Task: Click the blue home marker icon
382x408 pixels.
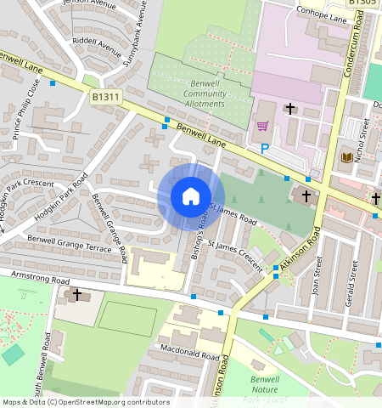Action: pyautogui.click(x=191, y=197)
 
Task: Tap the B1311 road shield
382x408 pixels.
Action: pyautogui.click(x=105, y=99)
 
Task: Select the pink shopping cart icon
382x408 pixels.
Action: pyautogui.click(x=262, y=127)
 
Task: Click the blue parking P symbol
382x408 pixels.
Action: pyautogui.click(x=265, y=149)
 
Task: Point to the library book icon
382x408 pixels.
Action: pyautogui.click(x=346, y=157)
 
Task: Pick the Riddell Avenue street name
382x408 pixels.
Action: pyautogui.click(x=97, y=42)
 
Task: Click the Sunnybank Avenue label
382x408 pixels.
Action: pyautogui.click(x=140, y=25)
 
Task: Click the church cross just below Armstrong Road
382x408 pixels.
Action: pyautogui.click(x=77, y=295)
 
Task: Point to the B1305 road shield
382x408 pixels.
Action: pyautogui.click(x=364, y=3)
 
